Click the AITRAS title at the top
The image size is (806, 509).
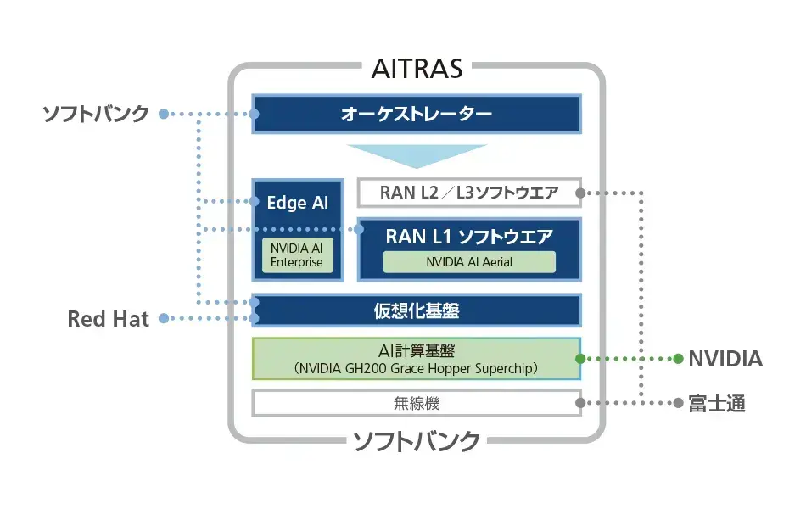pyautogui.click(x=417, y=68)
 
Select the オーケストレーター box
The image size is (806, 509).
pyautogui.click(x=416, y=114)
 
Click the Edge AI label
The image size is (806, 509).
pyautogui.click(x=297, y=203)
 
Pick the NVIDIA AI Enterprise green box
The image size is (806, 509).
pyautogui.click(x=297, y=255)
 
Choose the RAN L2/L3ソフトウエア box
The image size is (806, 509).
pyautogui.click(x=469, y=193)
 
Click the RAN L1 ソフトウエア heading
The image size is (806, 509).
pyautogui.click(x=469, y=237)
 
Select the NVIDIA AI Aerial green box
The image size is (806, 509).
pyautogui.click(x=469, y=262)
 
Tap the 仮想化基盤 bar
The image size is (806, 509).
pyautogui.click(x=416, y=310)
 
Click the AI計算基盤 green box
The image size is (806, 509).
pyautogui.click(x=416, y=358)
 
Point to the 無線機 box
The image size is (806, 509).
pyautogui.click(x=416, y=403)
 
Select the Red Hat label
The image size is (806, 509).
pyautogui.click(x=108, y=319)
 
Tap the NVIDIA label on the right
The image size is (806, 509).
pyautogui.click(x=725, y=359)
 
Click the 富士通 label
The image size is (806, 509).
pyautogui.click(x=717, y=404)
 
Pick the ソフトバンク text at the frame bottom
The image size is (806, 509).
pyautogui.click(x=417, y=441)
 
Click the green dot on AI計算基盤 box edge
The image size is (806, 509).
pyautogui.click(x=580, y=359)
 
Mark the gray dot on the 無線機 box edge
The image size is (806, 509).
pyautogui.click(x=580, y=404)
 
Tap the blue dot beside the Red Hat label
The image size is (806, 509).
pyautogui.click(x=165, y=319)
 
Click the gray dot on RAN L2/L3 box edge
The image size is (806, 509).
pyautogui.click(x=580, y=193)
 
